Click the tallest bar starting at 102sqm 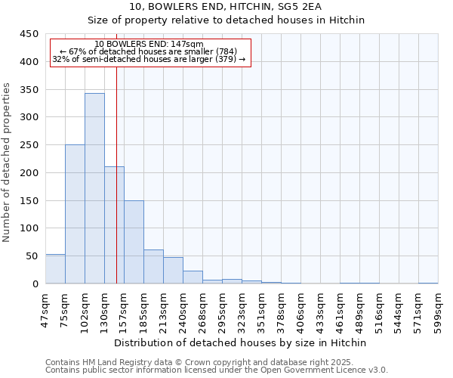coord(94,188)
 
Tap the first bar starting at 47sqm coord(55,269)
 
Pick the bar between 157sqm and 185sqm coord(134,242)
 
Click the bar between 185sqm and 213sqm coord(153,267)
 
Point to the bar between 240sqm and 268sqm coord(193,277)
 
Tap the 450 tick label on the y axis coord(29,34)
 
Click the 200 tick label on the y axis coord(29,173)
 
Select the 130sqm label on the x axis coord(104,309)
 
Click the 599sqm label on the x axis coord(438,309)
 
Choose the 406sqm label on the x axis coord(300,309)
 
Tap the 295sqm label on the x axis coord(222,309)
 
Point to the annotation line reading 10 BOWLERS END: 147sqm coord(149,45)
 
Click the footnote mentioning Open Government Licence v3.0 coord(217,370)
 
